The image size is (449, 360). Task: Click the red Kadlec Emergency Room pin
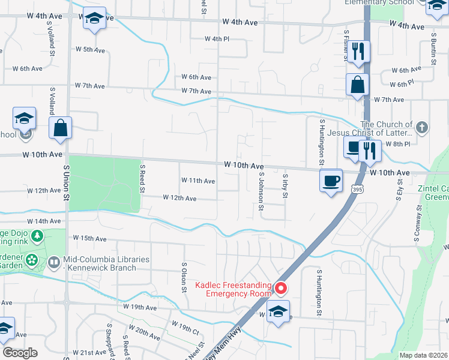[280, 289]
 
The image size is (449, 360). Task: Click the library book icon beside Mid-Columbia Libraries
[53, 262]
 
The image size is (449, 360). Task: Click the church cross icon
[422, 127]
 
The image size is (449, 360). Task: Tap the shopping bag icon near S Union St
[60, 128]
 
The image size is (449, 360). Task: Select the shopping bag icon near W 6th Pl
[357, 85]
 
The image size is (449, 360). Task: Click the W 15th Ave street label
[89, 239]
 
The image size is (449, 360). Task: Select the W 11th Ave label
[197, 181]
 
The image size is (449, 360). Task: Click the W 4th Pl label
[217, 39]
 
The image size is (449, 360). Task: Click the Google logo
[20, 353]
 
